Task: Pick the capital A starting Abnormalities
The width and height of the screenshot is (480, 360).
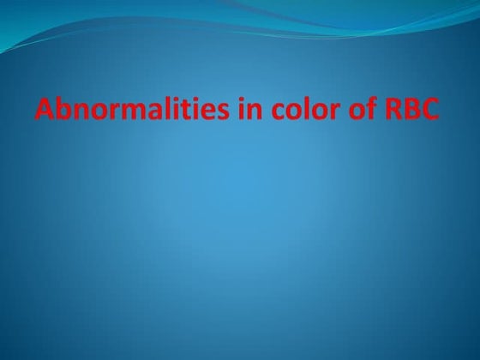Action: pos(45,111)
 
